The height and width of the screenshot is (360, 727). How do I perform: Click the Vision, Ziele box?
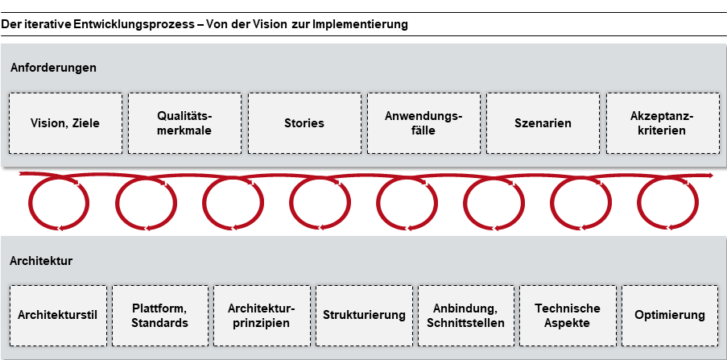[65, 123]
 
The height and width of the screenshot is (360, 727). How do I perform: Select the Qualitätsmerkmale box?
[184, 123]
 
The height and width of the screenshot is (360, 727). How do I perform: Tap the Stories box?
[304, 123]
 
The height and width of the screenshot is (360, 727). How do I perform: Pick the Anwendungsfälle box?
[423, 123]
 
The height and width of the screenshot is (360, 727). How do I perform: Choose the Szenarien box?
[543, 123]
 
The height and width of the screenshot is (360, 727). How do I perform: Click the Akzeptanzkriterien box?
[662, 123]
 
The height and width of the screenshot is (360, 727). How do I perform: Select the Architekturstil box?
[58, 315]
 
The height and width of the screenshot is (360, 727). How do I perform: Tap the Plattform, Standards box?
[159, 315]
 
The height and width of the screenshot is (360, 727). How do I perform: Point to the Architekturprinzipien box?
[262, 315]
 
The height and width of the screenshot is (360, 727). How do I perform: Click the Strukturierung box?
[364, 315]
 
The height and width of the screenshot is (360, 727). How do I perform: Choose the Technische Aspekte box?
[568, 315]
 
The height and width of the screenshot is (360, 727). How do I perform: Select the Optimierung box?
[669, 315]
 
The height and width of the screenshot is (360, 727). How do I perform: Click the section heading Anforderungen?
[53, 68]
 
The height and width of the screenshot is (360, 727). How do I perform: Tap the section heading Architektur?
[42, 261]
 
